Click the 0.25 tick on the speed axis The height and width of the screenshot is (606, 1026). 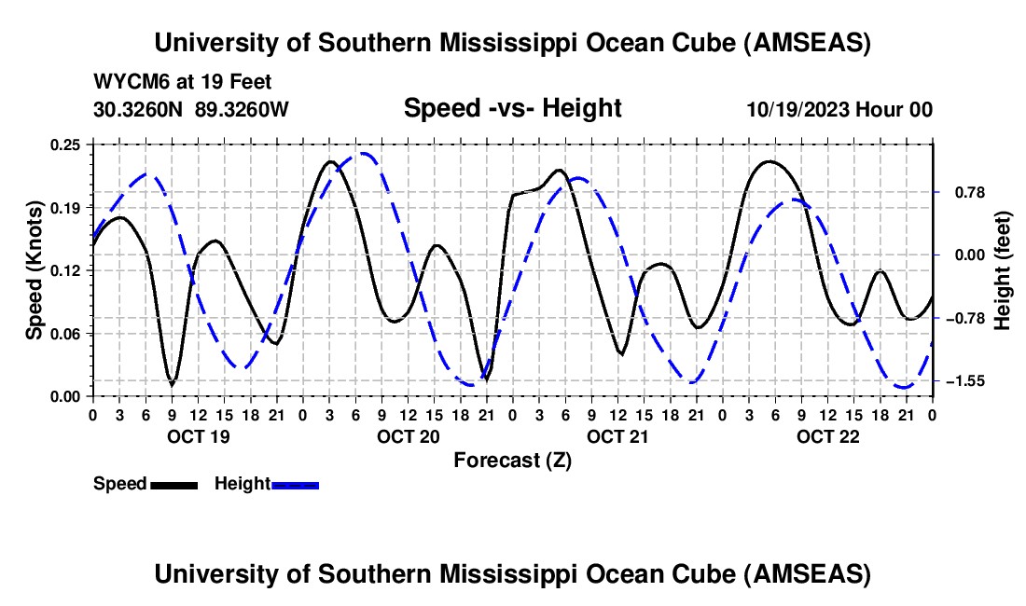(68, 144)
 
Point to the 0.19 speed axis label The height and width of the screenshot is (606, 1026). (68, 207)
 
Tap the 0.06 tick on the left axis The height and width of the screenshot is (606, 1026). (68, 334)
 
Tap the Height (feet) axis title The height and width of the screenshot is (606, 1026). (1003, 269)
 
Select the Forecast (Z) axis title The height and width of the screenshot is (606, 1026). (512, 460)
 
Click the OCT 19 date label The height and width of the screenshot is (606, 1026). (198, 436)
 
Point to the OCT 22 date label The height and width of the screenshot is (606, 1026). (827, 436)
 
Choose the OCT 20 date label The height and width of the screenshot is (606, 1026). (408, 436)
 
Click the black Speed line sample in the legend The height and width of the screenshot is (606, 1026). (173, 484)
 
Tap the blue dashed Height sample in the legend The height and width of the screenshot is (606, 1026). (295, 484)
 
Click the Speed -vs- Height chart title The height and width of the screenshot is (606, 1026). (512, 109)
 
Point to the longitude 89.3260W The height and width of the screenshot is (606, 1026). (243, 109)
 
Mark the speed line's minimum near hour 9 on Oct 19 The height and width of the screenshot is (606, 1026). (172, 383)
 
